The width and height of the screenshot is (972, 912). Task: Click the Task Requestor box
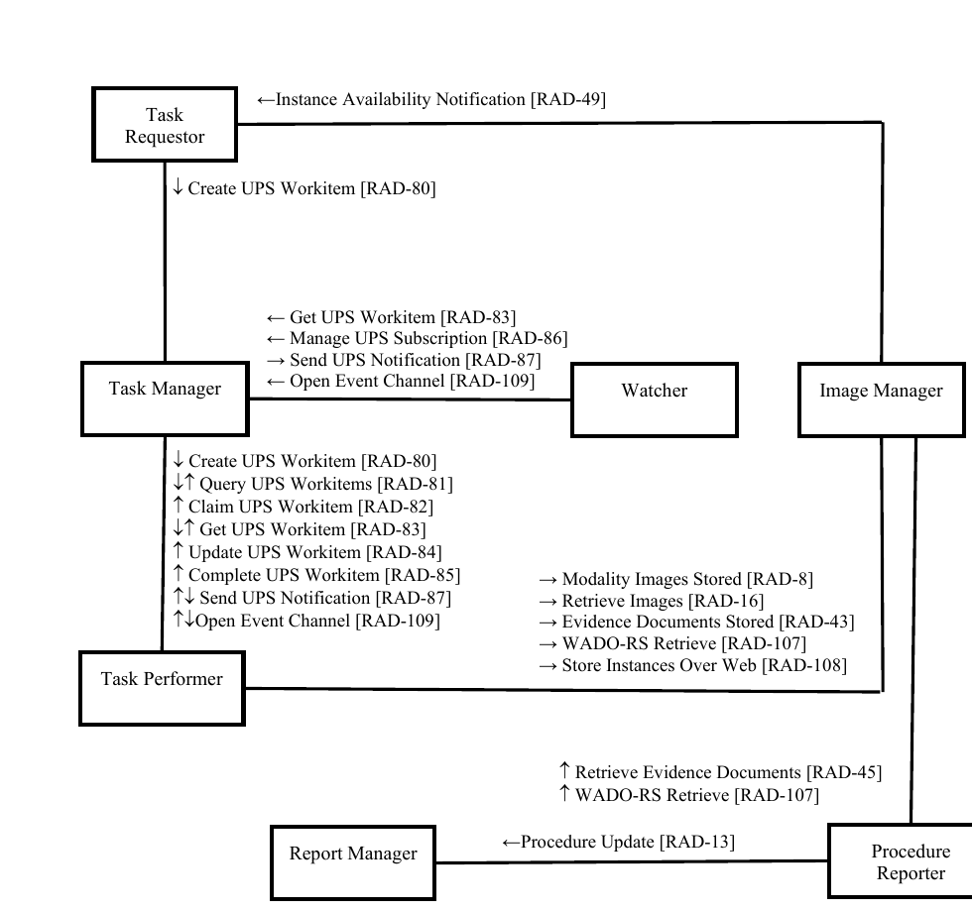click(x=165, y=125)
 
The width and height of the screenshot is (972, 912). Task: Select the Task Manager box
click(x=165, y=399)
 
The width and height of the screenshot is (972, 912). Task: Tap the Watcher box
click(x=654, y=399)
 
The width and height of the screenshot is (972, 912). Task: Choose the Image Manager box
click(x=881, y=399)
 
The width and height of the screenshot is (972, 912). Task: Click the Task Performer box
click(x=162, y=688)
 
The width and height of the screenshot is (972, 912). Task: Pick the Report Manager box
click(x=353, y=862)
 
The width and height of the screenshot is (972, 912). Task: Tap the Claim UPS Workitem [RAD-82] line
click(x=303, y=507)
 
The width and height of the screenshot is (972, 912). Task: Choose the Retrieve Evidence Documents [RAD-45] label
click(x=720, y=772)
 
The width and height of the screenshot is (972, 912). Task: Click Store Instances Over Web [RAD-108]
click(x=692, y=665)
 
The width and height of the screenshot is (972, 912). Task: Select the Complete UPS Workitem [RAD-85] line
click(x=315, y=575)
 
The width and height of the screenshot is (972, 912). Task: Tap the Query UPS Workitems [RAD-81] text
click(x=312, y=484)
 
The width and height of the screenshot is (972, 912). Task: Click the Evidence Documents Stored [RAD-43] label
click(x=696, y=622)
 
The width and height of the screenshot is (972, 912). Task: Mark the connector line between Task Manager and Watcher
click(x=409, y=399)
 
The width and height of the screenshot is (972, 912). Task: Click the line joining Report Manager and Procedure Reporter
click(x=631, y=861)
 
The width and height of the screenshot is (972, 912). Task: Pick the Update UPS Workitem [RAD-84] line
click(x=306, y=552)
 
